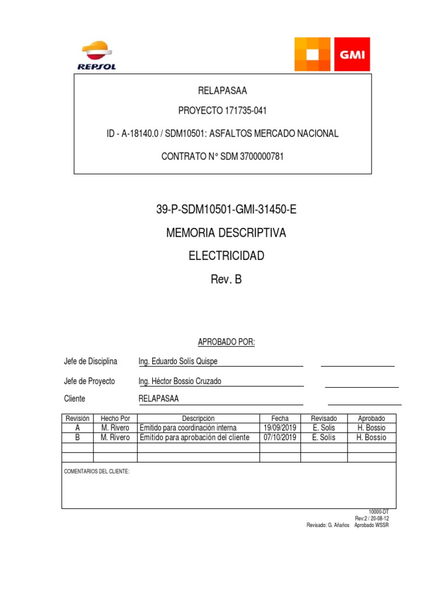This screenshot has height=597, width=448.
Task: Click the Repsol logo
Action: pos(97,56)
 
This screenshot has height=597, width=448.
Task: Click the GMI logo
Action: pos(332,54)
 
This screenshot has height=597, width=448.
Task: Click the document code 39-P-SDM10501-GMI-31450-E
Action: pos(223,210)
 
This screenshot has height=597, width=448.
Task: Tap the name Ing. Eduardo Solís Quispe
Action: pos(177,361)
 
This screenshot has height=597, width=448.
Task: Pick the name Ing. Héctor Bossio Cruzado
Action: pos(180,381)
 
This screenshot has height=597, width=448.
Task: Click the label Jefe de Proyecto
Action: pos(89,381)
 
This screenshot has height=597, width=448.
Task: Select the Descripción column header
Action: pos(198,419)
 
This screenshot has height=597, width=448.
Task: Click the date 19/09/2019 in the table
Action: pos(280,428)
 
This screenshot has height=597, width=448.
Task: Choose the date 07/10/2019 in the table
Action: pos(280,437)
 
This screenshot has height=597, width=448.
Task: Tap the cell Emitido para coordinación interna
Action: pos(188,428)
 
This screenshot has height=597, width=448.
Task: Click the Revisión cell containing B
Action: pos(78,437)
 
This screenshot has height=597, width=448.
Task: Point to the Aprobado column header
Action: pos(371,419)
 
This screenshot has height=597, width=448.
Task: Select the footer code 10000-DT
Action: pos(378,511)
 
